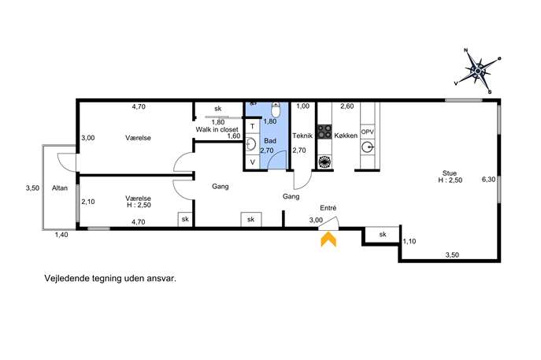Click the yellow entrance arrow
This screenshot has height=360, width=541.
[x=328, y=239]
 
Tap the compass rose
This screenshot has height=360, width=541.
[x=478, y=72]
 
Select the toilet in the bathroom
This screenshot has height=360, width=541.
[x=276, y=109]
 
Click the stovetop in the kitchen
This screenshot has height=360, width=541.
[x=324, y=132]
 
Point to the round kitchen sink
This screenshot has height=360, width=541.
[x=368, y=148]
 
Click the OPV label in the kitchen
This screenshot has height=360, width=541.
[x=368, y=132]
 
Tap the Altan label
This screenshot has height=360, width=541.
[x=60, y=188]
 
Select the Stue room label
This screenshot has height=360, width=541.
[x=450, y=173]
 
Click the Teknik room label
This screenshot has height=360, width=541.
[x=302, y=135]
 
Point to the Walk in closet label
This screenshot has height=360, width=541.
[x=217, y=129]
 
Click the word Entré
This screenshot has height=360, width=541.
[x=328, y=208]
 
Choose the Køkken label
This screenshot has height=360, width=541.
[x=346, y=135]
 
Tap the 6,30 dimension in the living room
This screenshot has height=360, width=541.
[x=488, y=179]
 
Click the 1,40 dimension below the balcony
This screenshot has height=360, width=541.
[x=61, y=235]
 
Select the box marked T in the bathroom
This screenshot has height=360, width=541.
[x=253, y=126]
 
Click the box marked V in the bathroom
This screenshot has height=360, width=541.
[x=253, y=161]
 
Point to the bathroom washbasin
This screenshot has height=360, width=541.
[x=251, y=144]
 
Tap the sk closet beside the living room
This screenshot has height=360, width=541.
[x=382, y=235]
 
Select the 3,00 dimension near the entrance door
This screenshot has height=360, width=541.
[x=316, y=221]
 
